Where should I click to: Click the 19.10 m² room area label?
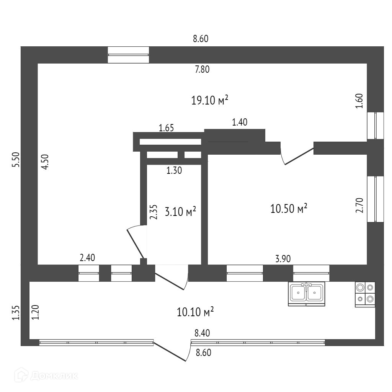[x=210, y=100]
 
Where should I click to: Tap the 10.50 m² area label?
[x=289, y=209]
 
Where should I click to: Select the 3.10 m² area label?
[x=180, y=211]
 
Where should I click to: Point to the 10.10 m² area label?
[x=195, y=312]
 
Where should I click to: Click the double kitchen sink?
[x=306, y=294]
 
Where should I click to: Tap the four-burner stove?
[x=365, y=294]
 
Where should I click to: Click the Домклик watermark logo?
[x=46, y=375]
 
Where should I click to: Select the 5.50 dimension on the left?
[x=15, y=160]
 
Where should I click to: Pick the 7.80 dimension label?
[x=202, y=69]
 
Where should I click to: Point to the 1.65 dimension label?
[x=167, y=128]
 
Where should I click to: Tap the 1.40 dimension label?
[x=240, y=122]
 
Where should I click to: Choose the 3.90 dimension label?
[x=283, y=259]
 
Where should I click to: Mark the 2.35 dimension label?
[x=154, y=212]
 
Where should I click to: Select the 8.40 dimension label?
[x=203, y=333]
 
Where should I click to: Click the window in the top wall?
[x=128, y=55]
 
